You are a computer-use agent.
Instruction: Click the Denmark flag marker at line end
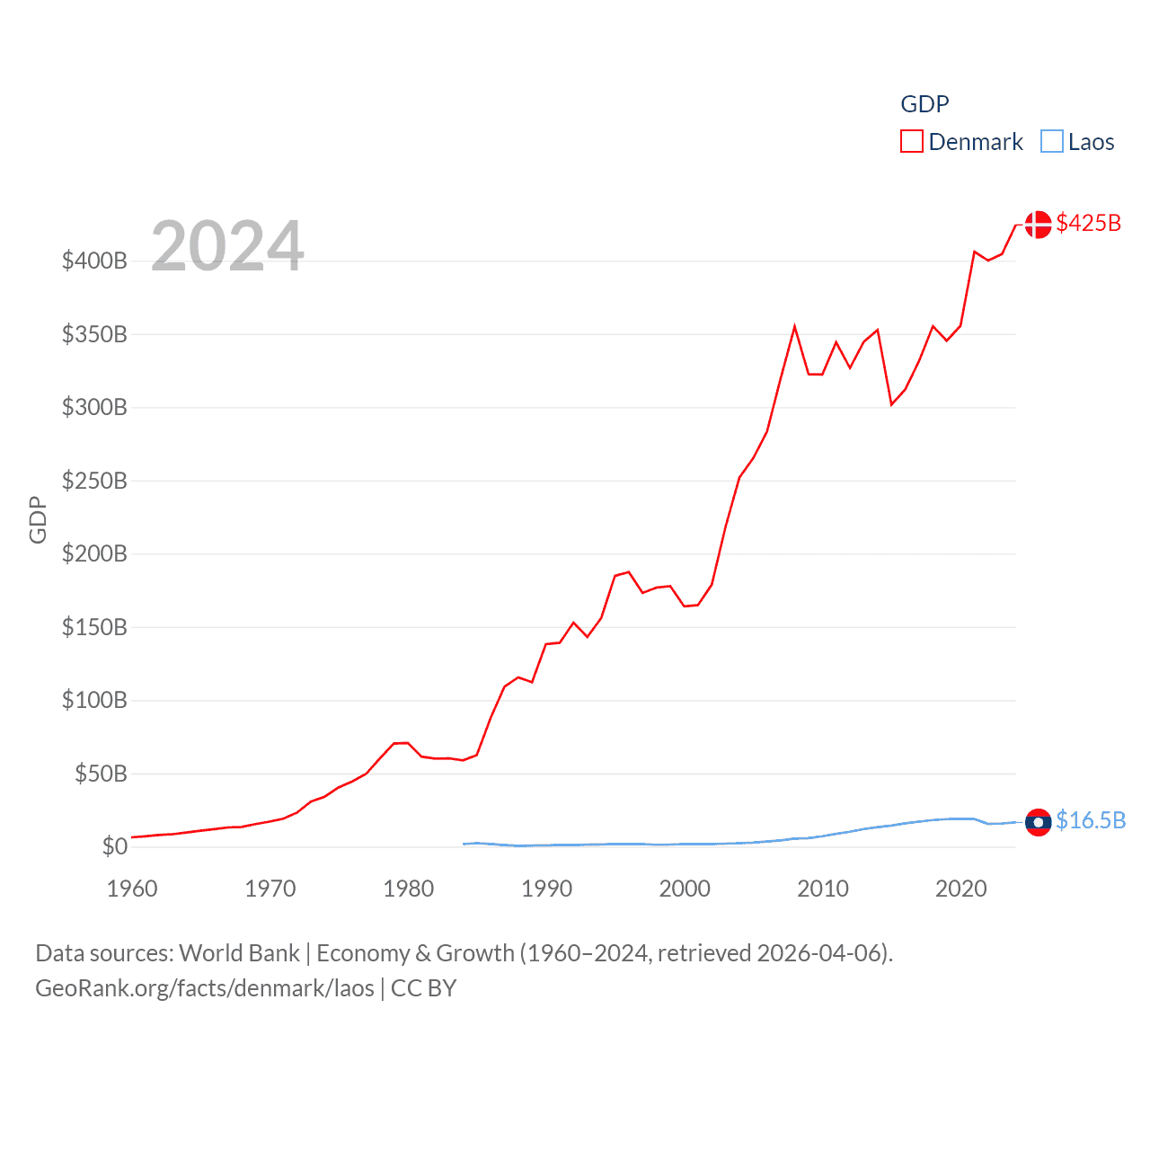pos(1038,225)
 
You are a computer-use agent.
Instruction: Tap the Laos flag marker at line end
pos(1038,822)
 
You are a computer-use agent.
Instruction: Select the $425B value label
pos(1088,223)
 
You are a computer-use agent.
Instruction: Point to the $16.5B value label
pos(1090,820)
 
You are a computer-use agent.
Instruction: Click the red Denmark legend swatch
pos(911,142)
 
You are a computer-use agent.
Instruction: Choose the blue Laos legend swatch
pos(1051,142)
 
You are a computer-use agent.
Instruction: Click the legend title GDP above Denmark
pos(924,104)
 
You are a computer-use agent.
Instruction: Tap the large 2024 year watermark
pos(227,246)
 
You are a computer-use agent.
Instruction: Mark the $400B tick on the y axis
pos(94,261)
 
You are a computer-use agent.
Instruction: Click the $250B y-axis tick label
pos(94,481)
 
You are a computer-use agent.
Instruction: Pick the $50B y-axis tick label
pos(101,774)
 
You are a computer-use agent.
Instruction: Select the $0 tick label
pos(114,846)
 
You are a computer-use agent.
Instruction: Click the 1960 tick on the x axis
pos(132,889)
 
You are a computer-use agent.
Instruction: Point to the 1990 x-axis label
pos(546,889)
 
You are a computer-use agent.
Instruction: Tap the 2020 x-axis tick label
pos(960,889)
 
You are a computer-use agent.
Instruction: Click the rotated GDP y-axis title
pos(38,519)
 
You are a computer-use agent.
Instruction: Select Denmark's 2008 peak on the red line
pos(794,326)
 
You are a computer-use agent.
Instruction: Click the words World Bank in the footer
pos(239,952)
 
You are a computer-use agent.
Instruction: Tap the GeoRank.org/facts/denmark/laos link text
pos(205,988)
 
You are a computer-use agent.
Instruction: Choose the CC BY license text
pos(423,988)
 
